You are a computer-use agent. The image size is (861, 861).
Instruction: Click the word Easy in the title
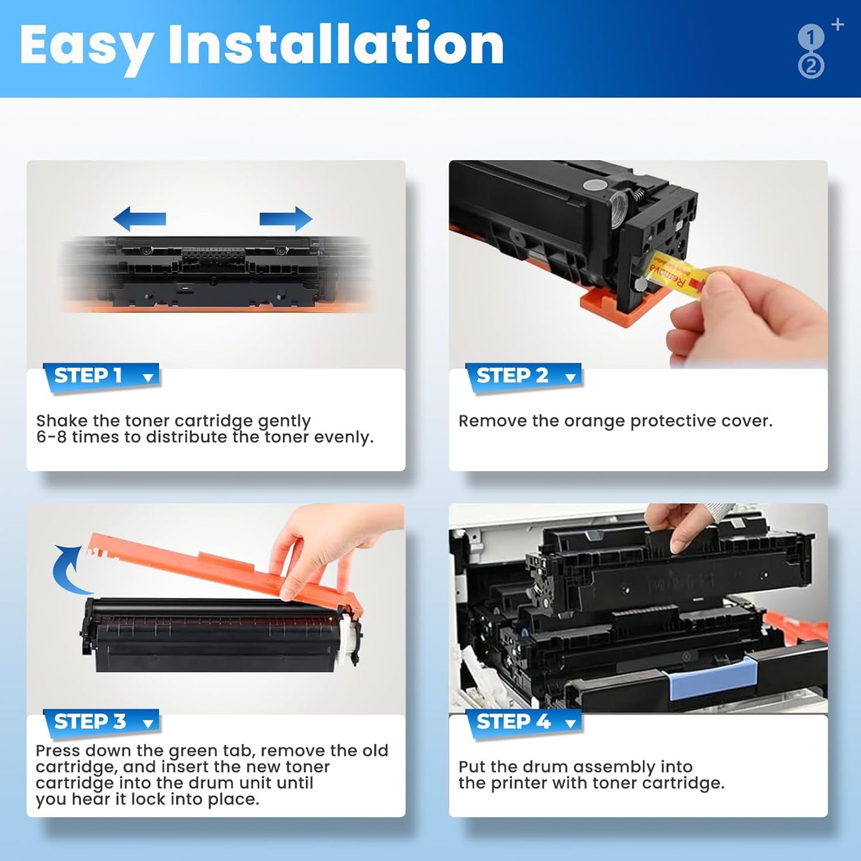(86, 46)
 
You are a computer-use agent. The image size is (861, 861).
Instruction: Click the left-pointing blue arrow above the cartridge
(139, 219)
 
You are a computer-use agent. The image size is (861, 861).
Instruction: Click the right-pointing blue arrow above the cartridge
(285, 219)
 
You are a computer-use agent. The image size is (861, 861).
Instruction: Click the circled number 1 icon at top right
(810, 38)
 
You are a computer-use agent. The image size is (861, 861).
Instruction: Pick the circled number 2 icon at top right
(811, 66)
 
